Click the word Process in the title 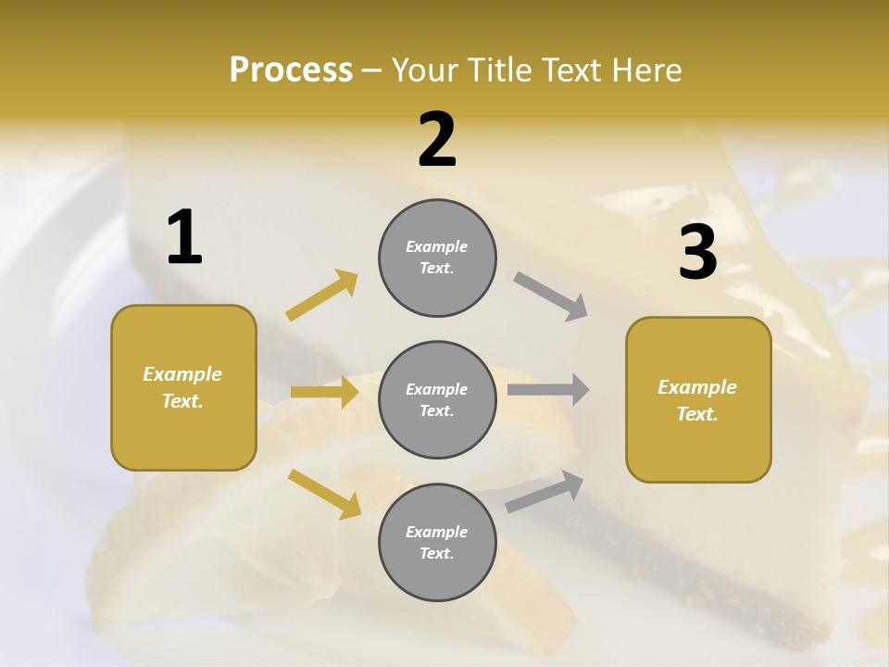(291, 69)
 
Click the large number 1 (184, 238)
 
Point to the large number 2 (437, 141)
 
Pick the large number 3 (697, 254)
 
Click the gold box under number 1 (183, 387)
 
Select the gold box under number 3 (698, 399)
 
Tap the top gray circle (437, 258)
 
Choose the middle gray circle (437, 399)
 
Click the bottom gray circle (437, 542)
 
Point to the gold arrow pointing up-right (322, 296)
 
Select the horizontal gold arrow (324, 392)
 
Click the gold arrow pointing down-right (325, 493)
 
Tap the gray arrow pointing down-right (551, 296)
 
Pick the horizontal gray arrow (548, 389)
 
